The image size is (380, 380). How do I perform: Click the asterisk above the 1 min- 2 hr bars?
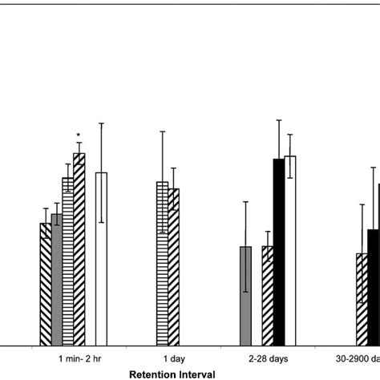click(79, 135)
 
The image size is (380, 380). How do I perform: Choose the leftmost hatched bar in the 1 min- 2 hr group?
click(46, 284)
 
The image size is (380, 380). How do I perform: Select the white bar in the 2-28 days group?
click(290, 250)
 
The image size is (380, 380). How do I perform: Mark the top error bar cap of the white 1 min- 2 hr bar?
click(102, 123)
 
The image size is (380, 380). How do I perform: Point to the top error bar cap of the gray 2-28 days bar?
click(245, 201)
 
